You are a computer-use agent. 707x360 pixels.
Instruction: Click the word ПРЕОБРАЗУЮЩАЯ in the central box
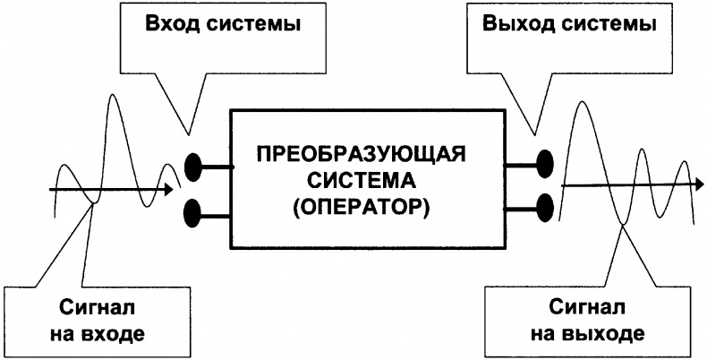click(360, 153)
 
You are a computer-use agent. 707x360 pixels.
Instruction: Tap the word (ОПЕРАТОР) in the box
click(360, 210)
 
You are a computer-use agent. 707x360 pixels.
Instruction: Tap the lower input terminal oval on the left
click(194, 213)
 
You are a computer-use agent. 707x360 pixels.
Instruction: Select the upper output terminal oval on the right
click(544, 163)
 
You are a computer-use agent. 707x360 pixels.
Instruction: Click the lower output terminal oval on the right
click(544, 205)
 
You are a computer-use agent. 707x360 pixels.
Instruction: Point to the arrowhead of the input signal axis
click(168, 190)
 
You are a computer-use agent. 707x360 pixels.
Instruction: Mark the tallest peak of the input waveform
click(114, 94)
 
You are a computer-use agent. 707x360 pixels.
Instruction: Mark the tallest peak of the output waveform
click(581, 103)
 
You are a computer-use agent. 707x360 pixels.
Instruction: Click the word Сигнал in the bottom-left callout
click(85, 307)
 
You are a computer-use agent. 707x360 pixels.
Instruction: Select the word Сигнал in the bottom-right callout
click(583, 307)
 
